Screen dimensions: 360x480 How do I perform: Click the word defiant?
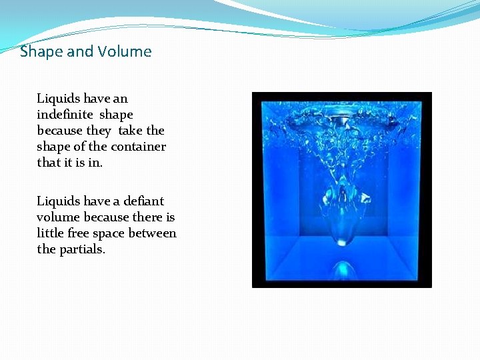click(x=139, y=201)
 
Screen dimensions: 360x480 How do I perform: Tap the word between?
click(x=154, y=233)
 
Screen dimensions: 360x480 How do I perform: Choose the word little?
click(x=50, y=233)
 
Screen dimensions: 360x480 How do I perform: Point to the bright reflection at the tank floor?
click(x=343, y=270)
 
